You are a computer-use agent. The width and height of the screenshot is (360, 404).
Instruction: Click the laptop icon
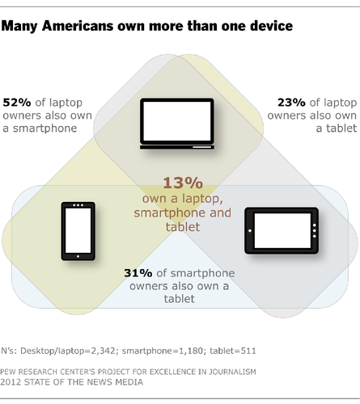(x=177, y=124)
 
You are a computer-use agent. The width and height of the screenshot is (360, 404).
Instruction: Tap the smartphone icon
(x=78, y=231)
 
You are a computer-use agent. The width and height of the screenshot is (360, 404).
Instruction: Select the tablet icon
(x=282, y=230)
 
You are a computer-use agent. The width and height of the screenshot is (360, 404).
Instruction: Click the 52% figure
(x=17, y=103)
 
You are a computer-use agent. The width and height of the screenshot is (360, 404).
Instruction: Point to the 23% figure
(x=291, y=103)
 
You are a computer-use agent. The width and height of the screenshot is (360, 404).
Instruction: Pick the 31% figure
(x=138, y=273)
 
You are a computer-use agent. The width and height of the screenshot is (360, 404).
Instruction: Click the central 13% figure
(x=183, y=183)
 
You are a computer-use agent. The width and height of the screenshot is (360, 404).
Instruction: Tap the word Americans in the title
(x=78, y=26)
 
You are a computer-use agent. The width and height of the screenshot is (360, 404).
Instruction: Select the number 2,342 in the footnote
(x=104, y=351)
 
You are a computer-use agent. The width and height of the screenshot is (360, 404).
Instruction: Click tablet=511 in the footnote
(x=233, y=351)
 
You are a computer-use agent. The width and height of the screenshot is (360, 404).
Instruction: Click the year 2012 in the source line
(x=11, y=382)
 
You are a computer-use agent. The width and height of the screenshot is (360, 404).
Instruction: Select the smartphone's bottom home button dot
(x=78, y=256)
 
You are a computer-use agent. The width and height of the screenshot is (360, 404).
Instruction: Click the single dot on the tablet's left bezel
(x=250, y=230)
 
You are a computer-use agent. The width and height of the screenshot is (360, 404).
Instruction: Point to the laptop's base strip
(x=177, y=147)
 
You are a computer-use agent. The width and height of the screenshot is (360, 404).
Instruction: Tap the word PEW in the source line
(x=8, y=372)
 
